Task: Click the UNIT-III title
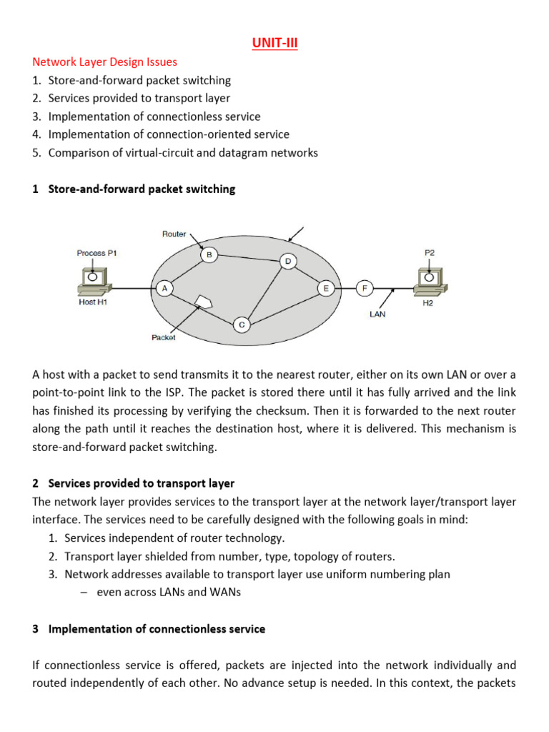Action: [x=274, y=44]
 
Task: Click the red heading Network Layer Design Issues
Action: [x=105, y=62]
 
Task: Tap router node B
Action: [x=209, y=254]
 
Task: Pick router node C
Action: [x=242, y=325]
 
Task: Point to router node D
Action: [x=288, y=261]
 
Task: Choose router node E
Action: [x=327, y=288]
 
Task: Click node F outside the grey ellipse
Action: [x=365, y=288]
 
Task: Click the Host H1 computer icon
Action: [x=93, y=280]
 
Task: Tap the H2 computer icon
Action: [x=430, y=279]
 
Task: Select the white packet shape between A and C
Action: [x=204, y=301]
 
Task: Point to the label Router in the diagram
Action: [x=174, y=234]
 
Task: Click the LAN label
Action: [x=378, y=314]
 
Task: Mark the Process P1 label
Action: [x=96, y=253]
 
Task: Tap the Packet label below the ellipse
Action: [x=164, y=337]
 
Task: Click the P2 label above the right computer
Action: [x=430, y=252]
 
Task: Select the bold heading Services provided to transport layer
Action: [x=141, y=483]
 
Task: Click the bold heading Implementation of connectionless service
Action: [x=157, y=629]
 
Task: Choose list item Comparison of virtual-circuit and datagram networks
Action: [x=183, y=152]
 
